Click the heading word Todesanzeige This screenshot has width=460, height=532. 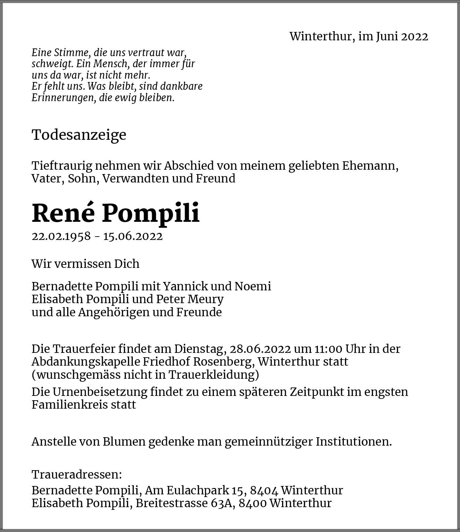coord(79,135)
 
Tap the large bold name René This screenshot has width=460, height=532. coord(63,213)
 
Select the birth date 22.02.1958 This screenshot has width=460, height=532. coord(61,236)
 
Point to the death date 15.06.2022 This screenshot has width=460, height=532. coord(133,236)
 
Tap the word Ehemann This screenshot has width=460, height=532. coord(370,166)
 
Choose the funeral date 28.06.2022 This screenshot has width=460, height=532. coord(260,349)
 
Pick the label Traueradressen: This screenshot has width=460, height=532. coord(77,475)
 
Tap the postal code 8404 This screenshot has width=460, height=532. coord(264,490)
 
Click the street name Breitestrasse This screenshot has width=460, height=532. coord(171,503)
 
